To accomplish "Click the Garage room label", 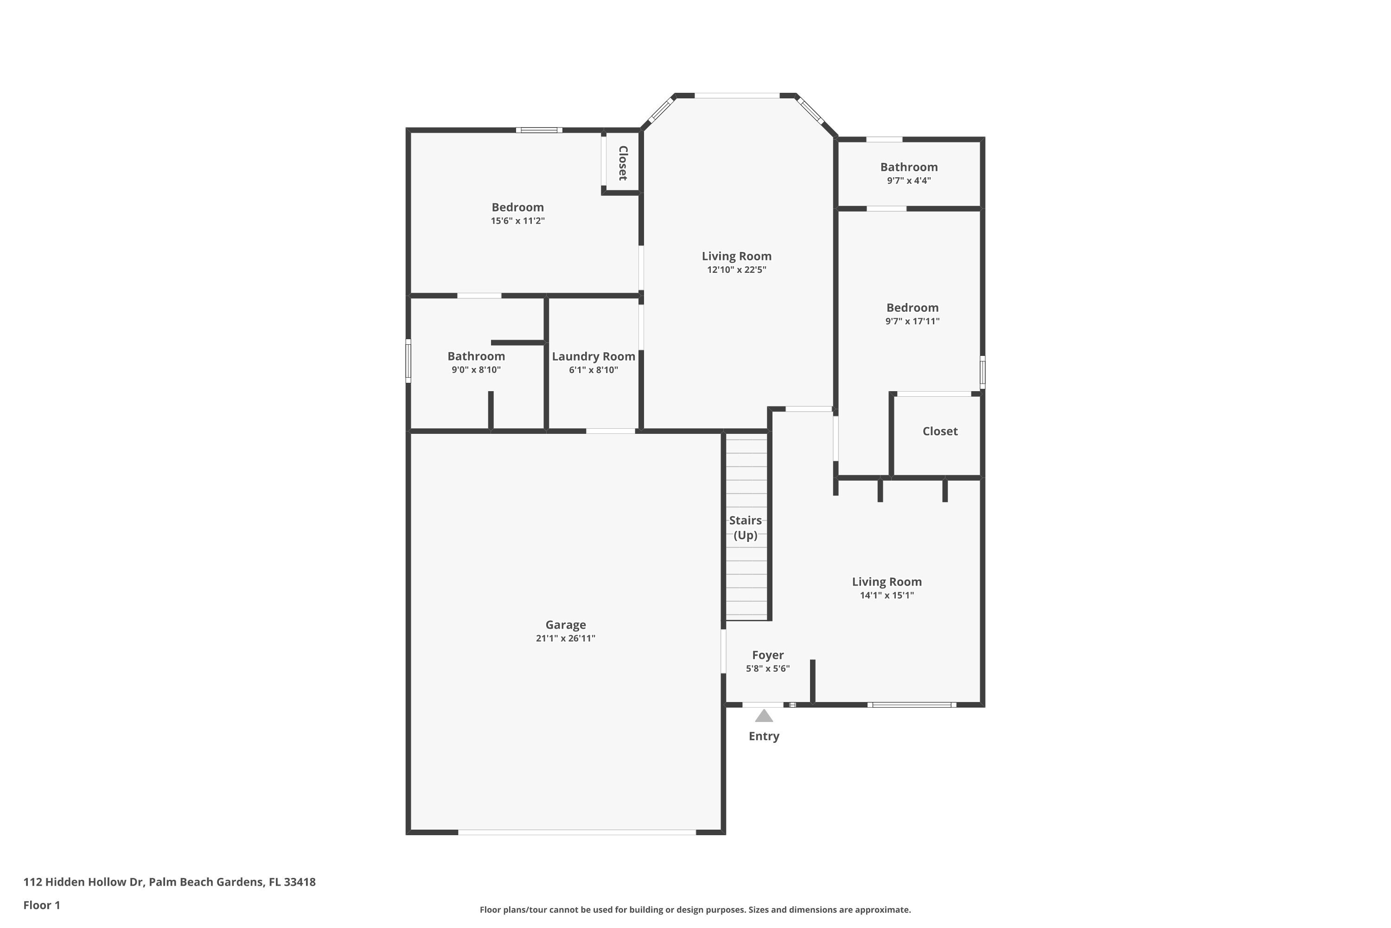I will tap(565, 625).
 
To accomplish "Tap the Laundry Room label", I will tap(593, 356).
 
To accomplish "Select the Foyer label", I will tap(768, 655).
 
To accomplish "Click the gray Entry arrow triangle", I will tap(764, 716).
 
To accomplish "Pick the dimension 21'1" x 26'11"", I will tap(565, 638).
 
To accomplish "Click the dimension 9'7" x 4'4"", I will tap(908, 180).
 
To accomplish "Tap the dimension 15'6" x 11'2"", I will tap(517, 221).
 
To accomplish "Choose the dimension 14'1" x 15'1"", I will tap(887, 595).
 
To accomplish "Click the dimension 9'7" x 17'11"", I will tap(912, 322).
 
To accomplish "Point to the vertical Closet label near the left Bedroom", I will tap(623, 163).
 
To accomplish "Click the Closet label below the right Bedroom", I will tap(940, 432).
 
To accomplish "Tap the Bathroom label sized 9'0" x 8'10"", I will tap(476, 356).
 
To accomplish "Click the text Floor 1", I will tap(41, 905).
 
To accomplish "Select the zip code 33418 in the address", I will tap(299, 882).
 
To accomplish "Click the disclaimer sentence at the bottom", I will tap(695, 909).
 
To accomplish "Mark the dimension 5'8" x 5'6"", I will tap(768, 669).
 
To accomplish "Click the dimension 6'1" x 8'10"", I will tap(593, 370).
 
